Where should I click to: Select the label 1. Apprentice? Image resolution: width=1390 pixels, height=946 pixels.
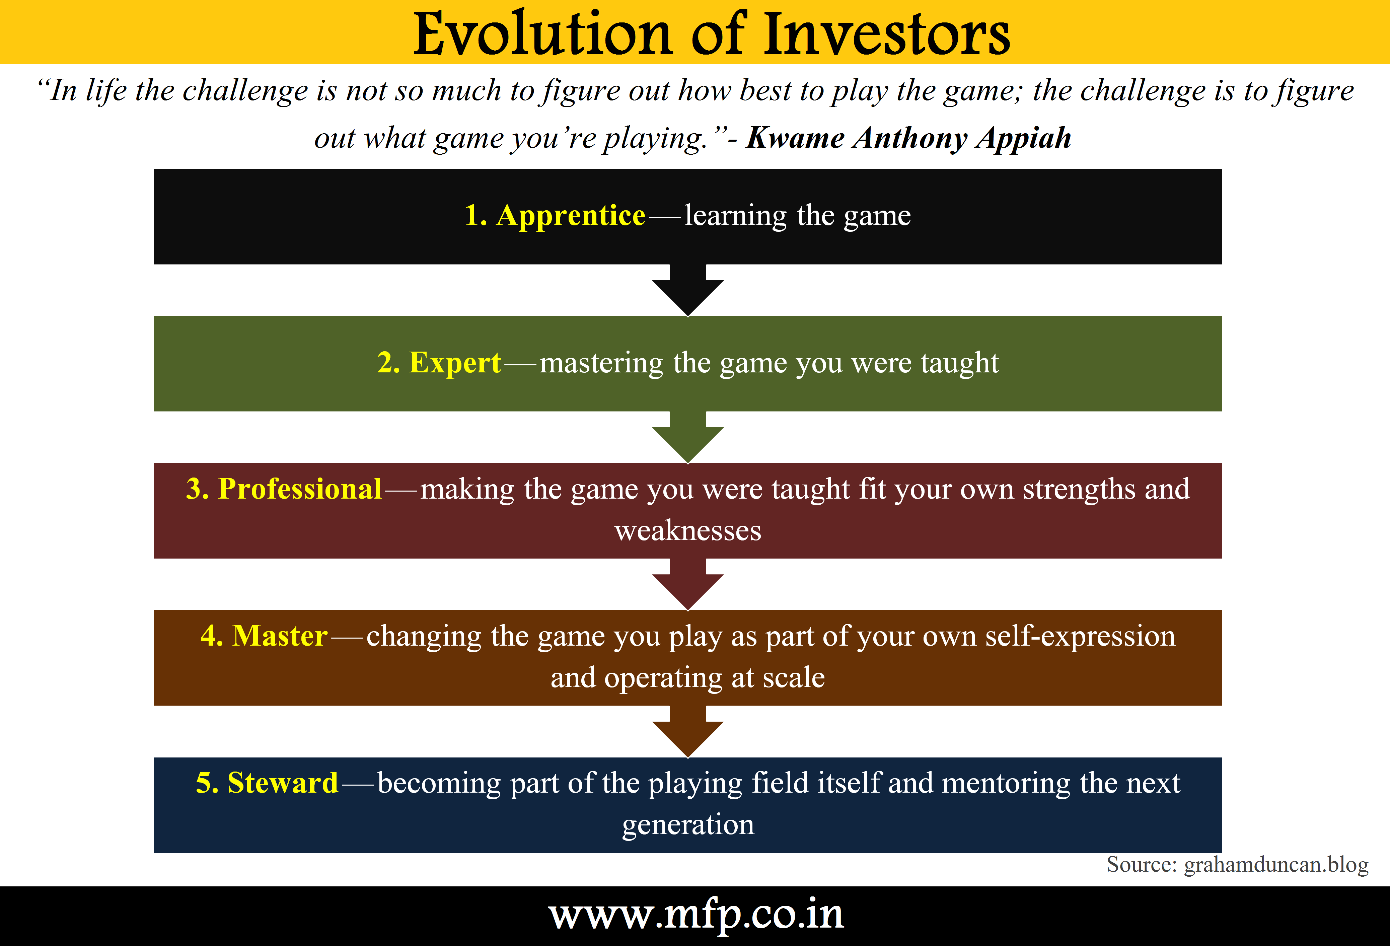tap(555, 216)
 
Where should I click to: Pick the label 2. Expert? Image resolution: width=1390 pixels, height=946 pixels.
tap(439, 363)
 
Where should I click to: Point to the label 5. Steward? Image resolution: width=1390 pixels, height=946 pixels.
tap(267, 783)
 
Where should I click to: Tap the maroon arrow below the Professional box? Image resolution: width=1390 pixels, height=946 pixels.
tap(688, 584)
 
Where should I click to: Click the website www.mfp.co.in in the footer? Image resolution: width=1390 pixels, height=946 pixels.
tap(696, 915)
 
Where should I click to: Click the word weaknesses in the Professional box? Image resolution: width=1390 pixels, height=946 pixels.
tap(688, 530)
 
